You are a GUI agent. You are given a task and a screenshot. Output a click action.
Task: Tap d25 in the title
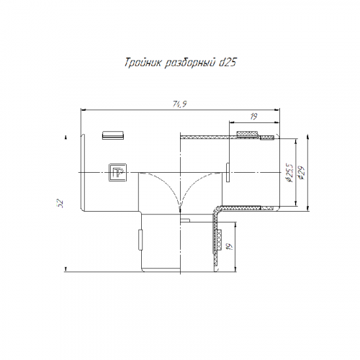[x=228, y=63]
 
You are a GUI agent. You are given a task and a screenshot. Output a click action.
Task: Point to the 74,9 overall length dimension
[x=180, y=104]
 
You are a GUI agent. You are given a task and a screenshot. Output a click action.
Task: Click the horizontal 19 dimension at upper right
[x=253, y=117]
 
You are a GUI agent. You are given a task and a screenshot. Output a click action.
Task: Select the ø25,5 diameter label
[x=289, y=173]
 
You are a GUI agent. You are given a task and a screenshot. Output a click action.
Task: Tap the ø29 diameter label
[x=301, y=173]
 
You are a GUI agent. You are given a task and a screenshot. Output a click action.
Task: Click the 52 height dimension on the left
[x=60, y=203]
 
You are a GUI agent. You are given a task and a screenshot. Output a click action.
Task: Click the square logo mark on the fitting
[x=117, y=172]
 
